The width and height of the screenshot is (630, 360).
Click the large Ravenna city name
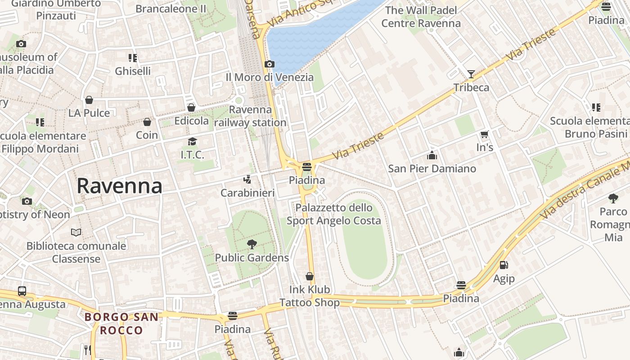pos(119,186)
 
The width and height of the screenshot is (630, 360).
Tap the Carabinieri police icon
pos(247,180)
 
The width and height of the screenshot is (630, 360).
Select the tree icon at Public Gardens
pos(252,244)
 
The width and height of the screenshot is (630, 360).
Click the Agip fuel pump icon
pos(504,265)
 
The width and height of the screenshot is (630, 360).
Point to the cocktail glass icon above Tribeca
pos(471,74)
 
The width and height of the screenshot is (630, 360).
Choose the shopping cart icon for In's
pos(485,134)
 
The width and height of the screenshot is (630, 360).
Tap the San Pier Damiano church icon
pos(432,156)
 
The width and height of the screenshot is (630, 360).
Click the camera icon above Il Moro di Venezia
pos(270,64)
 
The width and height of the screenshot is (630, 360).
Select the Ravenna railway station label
pos(251,116)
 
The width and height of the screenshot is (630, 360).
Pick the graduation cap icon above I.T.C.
pos(192,142)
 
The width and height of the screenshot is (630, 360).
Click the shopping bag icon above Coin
pos(147,122)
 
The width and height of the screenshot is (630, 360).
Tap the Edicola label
pos(192,121)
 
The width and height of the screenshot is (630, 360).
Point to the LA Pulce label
pos(89,113)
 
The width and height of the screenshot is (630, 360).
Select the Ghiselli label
pos(133,71)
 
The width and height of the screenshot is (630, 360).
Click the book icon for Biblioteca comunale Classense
pos(76,233)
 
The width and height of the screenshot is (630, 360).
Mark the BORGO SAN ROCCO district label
pos(121,324)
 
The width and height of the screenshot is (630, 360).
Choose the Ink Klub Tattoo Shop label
pos(310,296)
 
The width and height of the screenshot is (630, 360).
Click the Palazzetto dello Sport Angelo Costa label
pos(334,214)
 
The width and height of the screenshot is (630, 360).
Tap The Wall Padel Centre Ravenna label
pos(421,17)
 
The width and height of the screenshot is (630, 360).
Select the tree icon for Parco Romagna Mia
pos(613,198)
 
